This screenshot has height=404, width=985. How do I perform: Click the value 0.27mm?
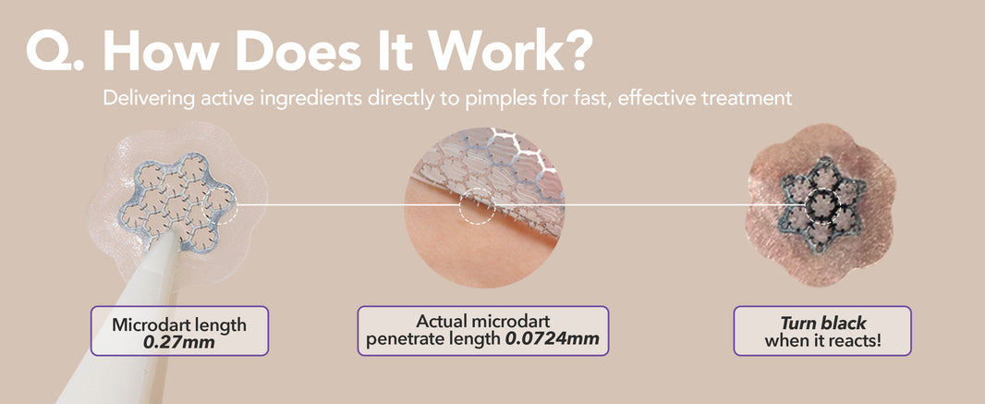(179, 342)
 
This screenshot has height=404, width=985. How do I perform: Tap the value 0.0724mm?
(553, 339)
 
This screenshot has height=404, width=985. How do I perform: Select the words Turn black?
(823, 324)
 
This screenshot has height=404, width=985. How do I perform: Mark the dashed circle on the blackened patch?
(805, 205)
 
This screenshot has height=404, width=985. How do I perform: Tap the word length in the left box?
(223, 325)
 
